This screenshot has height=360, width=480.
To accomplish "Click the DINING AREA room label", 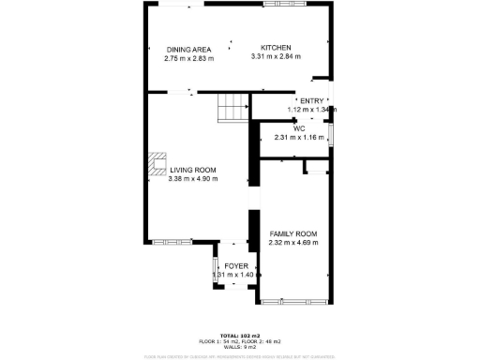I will pyautogui.click(x=188, y=49).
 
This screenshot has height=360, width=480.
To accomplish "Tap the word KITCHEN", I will pyautogui.click(x=276, y=48).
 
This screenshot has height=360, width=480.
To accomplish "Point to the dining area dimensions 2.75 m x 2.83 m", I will pyautogui.click(x=188, y=58).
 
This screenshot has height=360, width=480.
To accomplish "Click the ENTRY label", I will pyautogui.click(x=310, y=100).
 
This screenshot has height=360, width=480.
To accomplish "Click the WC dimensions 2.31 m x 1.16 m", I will pyautogui.click(x=299, y=138).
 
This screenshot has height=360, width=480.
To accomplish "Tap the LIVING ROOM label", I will pyautogui.click(x=193, y=170).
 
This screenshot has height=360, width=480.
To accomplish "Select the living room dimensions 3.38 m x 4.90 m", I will pyautogui.click(x=193, y=179).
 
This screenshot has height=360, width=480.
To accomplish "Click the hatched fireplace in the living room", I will pyautogui.click(x=157, y=166).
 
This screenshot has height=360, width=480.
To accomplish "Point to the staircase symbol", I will pyautogui.click(x=232, y=109).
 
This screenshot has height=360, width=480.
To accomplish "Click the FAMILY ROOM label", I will pyautogui.click(x=293, y=233).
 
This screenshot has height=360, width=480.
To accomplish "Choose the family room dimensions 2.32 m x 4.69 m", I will pyautogui.click(x=293, y=243).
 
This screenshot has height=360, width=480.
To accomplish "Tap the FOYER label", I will pyautogui.click(x=235, y=265).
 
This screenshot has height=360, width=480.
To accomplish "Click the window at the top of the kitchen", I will pyautogui.click(x=278, y=4).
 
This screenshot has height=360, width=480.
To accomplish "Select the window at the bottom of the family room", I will pyautogui.click(x=292, y=301).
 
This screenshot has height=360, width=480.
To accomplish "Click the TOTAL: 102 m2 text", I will pyautogui.click(x=239, y=335).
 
